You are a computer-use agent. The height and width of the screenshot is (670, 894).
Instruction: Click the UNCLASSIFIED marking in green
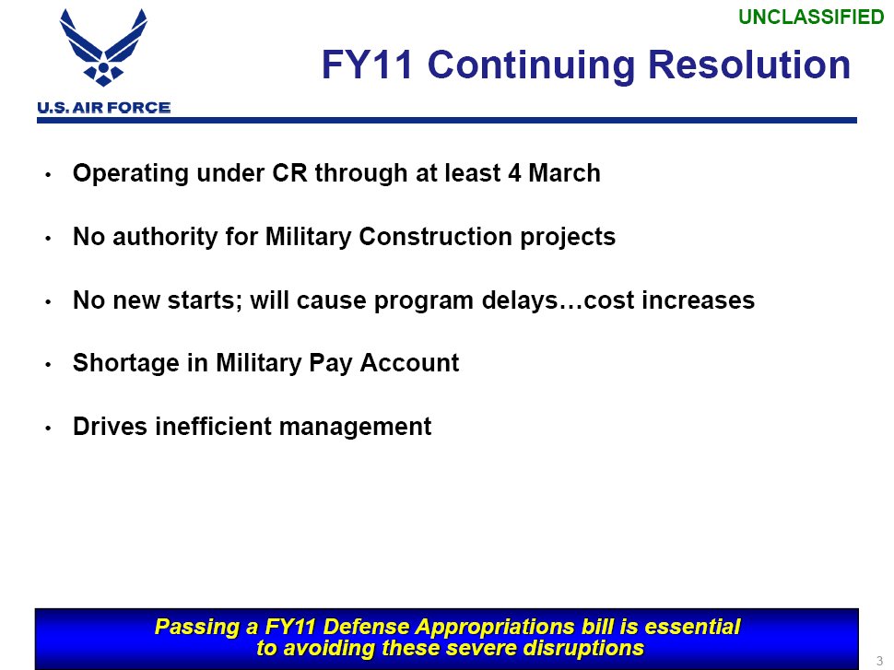(x=811, y=18)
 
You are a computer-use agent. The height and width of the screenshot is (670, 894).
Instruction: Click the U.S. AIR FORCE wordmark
(x=104, y=108)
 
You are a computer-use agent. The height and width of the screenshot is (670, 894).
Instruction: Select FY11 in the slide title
(x=367, y=65)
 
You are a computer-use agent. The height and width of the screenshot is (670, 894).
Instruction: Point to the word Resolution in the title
(x=749, y=65)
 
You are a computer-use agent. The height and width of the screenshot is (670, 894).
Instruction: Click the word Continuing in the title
(x=531, y=66)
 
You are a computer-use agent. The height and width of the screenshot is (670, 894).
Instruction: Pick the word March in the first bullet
(x=564, y=172)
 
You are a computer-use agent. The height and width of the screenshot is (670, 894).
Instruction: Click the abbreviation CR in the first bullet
(x=289, y=172)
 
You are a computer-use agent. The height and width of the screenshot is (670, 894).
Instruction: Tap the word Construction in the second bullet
(x=436, y=236)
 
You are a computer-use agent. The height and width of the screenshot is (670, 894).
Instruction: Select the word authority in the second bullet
(x=165, y=237)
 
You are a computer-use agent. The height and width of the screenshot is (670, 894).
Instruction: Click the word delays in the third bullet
(x=520, y=300)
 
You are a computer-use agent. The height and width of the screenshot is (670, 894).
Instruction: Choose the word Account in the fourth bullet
(x=409, y=363)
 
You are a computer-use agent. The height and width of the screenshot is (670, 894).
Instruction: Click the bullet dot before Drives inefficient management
(x=49, y=428)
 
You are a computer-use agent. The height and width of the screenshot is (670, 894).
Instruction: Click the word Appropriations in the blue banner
(x=494, y=627)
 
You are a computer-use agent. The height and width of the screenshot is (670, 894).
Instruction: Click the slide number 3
(x=880, y=662)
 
